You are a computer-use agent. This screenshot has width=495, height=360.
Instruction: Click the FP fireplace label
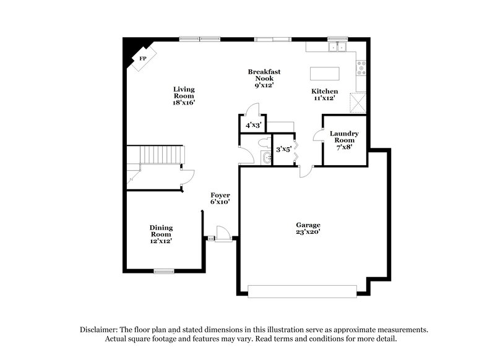(x=143, y=58)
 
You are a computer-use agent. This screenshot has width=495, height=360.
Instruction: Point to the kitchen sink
(x=338, y=46)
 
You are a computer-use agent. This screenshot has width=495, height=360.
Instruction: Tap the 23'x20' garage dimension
(x=308, y=232)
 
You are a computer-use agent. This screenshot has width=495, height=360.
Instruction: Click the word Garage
(x=308, y=225)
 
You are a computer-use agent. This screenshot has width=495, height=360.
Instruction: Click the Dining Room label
(x=161, y=231)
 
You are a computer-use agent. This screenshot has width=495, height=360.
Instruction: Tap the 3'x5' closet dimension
(x=283, y=148)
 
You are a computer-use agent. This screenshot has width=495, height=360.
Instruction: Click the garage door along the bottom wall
(x=303, y=289)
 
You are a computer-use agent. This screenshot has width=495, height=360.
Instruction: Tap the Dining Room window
(x=163, y=270)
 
